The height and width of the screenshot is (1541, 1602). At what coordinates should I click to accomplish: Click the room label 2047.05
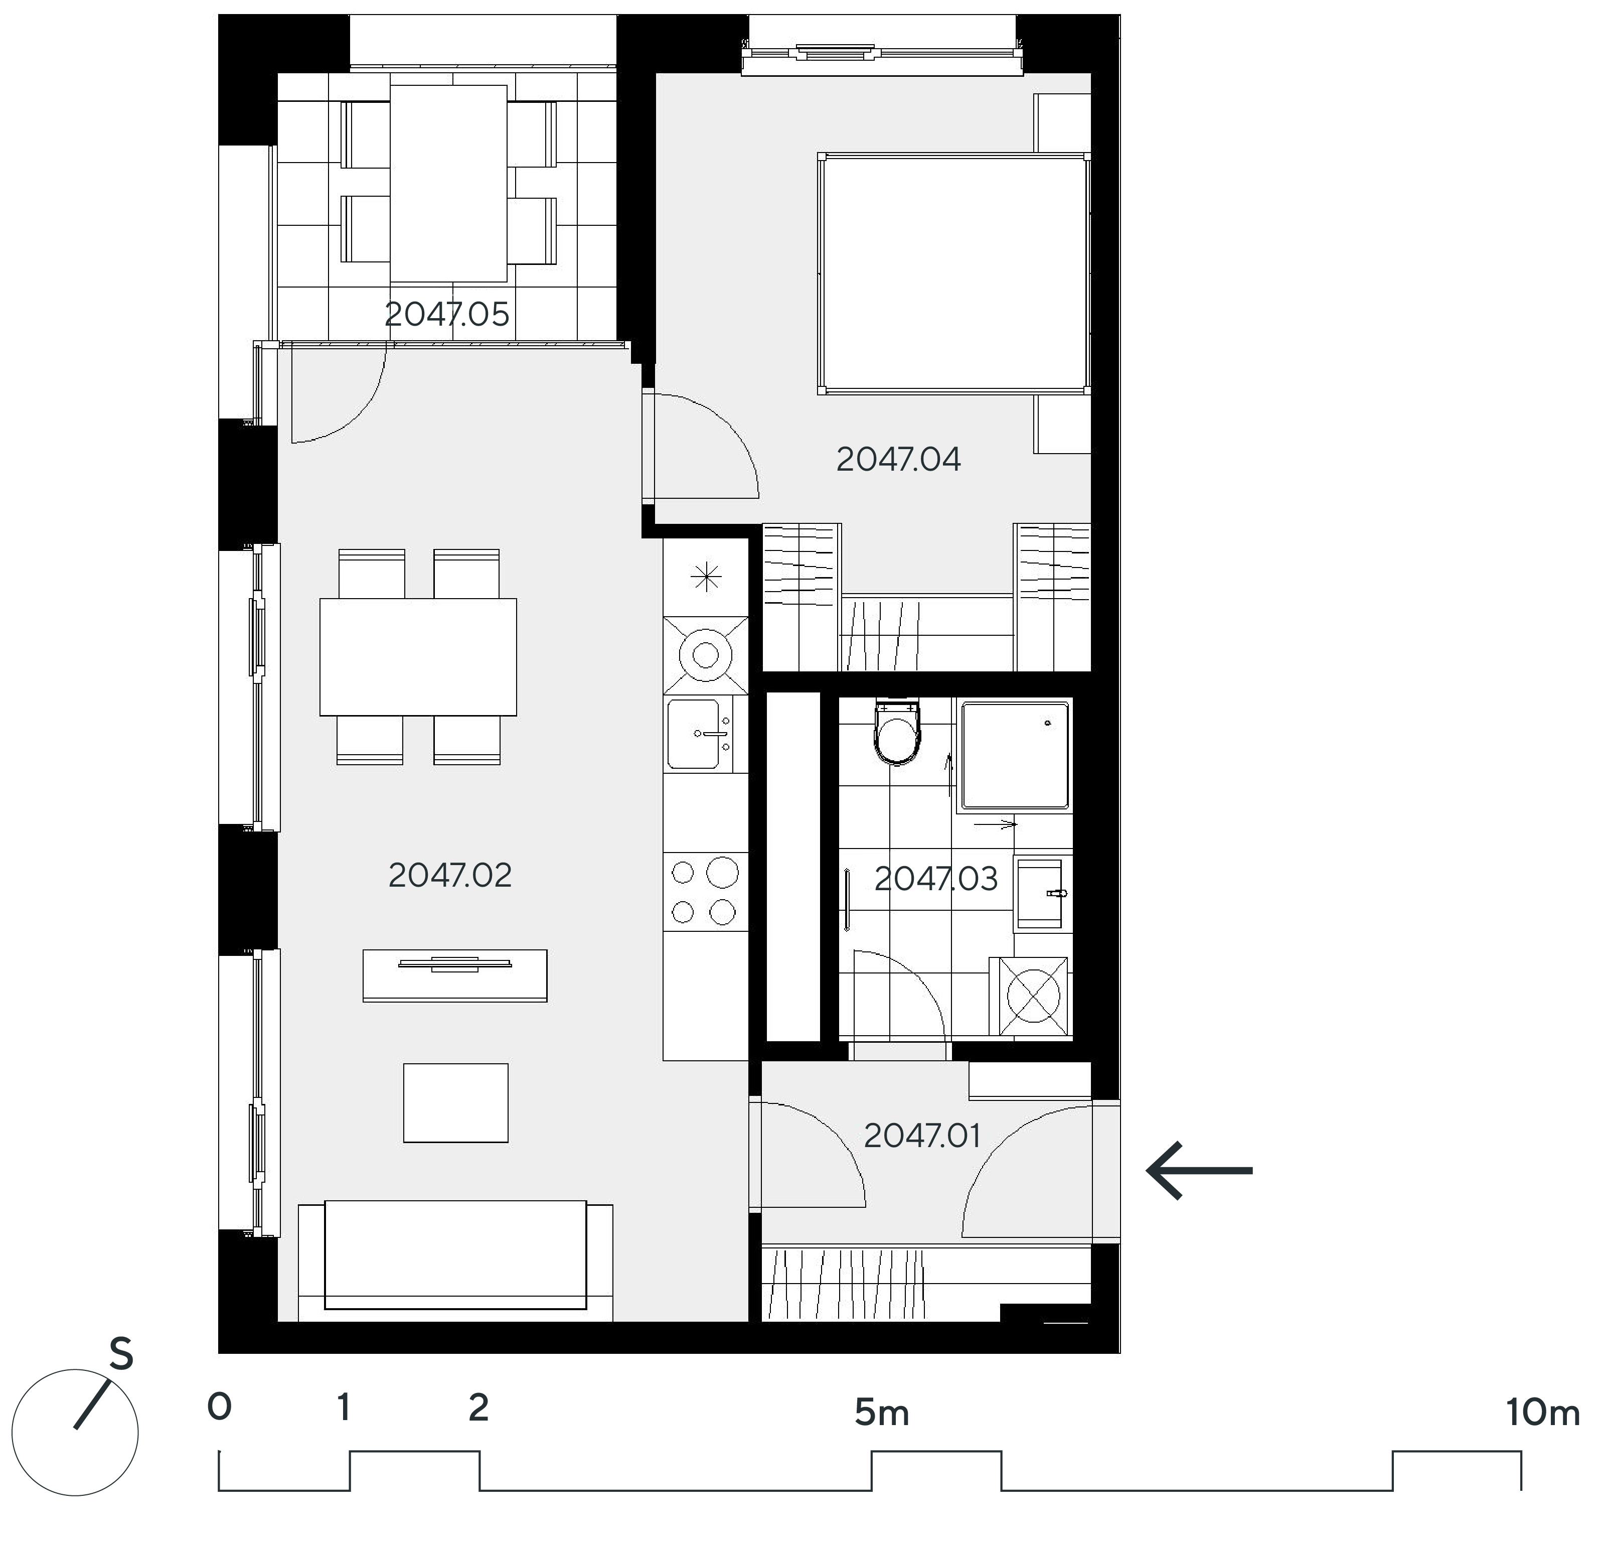(447, 314)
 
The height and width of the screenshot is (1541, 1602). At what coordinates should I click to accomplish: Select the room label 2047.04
(898, 460)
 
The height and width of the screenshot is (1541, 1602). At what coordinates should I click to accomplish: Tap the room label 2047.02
(449, 876)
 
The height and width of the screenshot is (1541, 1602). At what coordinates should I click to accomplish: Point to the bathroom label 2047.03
(936, 879)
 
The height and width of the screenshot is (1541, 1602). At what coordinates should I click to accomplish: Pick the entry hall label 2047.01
(922, 1136)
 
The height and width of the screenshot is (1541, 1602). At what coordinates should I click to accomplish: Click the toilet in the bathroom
(897, 732)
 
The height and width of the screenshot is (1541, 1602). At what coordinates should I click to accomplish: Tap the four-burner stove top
(705, 892)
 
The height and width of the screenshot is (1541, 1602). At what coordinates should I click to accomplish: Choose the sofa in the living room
(455, 1263)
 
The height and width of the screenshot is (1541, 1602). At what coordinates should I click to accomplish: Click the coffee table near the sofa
(455, 1103)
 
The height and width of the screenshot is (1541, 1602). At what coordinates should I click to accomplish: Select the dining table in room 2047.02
(418, 657)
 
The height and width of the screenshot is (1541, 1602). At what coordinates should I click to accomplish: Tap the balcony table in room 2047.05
(448, 183)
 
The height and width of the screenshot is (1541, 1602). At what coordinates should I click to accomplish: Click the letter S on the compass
(121, 1355)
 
